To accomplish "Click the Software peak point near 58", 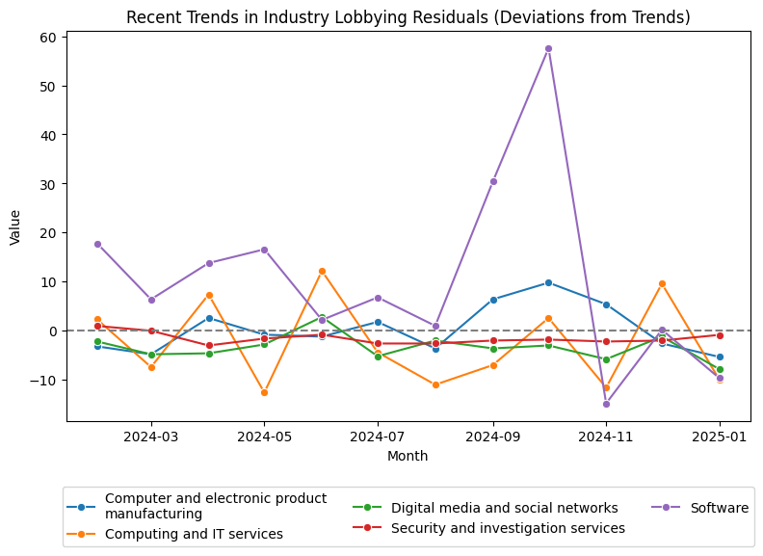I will tap(548, 48).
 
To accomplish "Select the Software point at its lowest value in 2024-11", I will tap(606, 404).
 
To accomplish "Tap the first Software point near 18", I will tap(97, 244).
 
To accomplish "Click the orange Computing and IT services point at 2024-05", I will tap(264, 392).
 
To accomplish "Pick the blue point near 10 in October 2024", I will tap(548, 282).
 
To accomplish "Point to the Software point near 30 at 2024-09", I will tap(493, 181).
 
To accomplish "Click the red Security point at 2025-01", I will tap(720, 335).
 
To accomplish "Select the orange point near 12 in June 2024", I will tap(322, 271).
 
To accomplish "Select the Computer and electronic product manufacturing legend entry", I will tap(215, 506).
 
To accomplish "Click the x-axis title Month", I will tap(408, 457).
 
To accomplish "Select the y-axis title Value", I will tap(14, 226).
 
